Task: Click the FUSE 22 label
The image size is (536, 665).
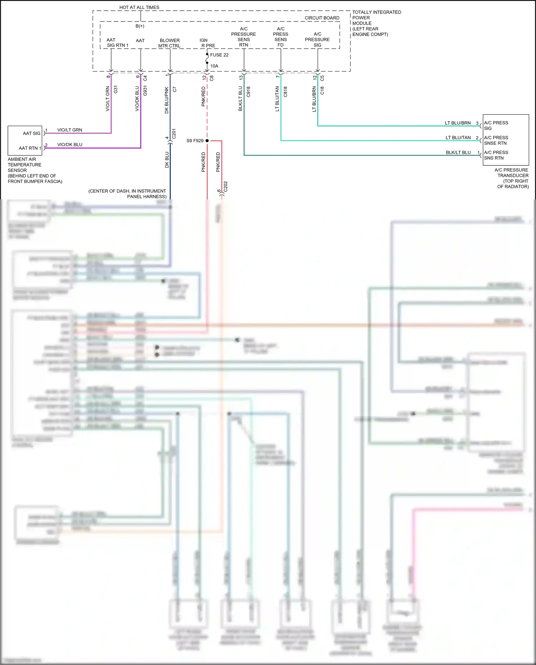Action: coord(219,55)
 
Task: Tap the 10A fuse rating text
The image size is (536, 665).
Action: coord(214,66)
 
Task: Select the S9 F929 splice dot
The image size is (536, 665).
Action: coord(207,141)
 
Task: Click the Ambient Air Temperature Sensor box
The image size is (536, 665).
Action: coord(25,140)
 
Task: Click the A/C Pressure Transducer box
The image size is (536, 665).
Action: coord(506,140)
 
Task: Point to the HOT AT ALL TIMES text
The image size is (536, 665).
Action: coord(139,7)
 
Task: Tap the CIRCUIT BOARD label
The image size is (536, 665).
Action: coord(322,18)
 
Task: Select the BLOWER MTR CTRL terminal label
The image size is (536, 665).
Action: coord(169,43)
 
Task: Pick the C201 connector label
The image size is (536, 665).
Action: coord(174,134)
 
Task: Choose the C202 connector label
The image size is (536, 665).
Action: coord(225,187)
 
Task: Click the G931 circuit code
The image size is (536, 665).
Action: coord(145,91)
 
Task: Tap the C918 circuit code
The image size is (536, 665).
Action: coord(248,92)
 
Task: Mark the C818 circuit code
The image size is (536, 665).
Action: coord(285,92)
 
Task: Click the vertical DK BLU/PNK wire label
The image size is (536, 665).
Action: coord(167,100)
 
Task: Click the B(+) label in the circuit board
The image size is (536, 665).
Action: coord(140,26)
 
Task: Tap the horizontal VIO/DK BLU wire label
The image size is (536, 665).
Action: coord(70,145)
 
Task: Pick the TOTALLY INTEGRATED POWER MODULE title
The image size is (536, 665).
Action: coord(376,18)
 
